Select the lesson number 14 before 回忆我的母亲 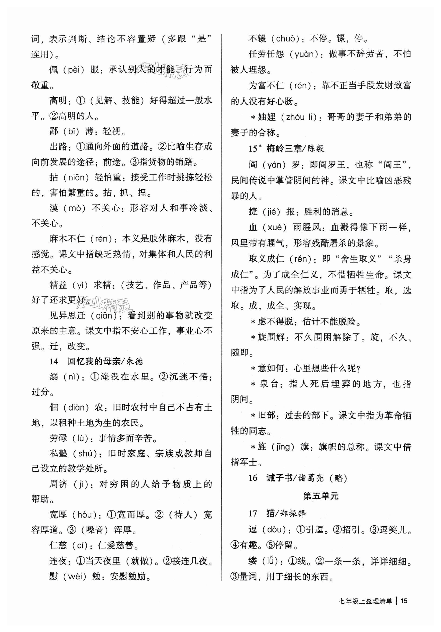54,361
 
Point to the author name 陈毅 316,149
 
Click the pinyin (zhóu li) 301,117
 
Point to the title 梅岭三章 284,149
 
